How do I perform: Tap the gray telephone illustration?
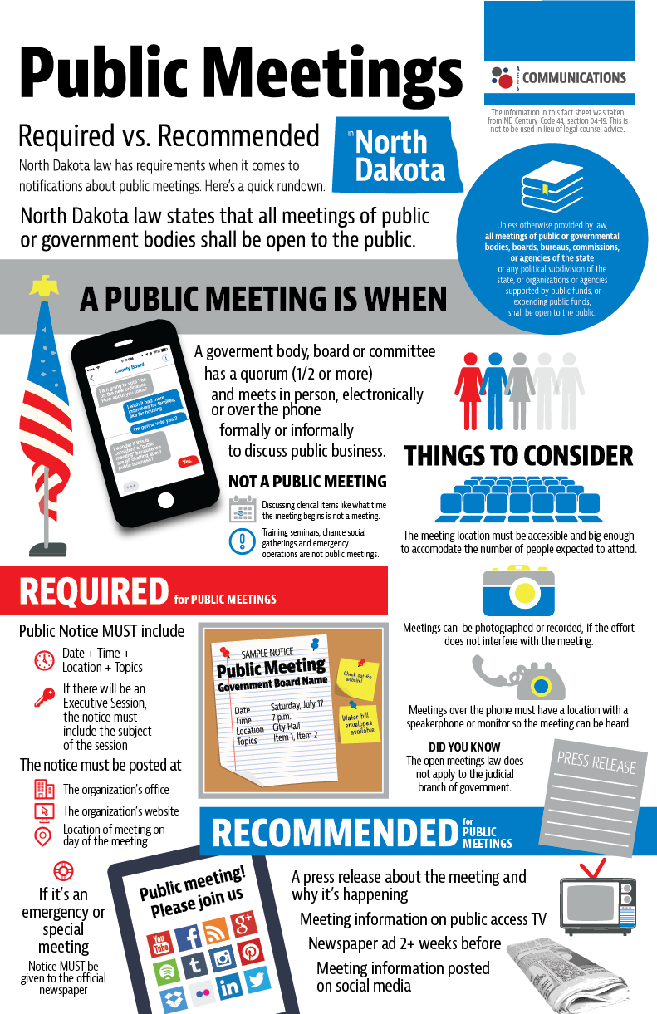[518, 678]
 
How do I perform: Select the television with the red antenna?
[596, 902]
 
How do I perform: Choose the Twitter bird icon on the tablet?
[257, 979]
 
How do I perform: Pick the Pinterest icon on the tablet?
[250, 952]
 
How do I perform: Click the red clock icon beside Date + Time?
[44, 660]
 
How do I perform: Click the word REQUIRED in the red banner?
[94, 591]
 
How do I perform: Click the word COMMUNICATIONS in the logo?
[574, 78]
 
